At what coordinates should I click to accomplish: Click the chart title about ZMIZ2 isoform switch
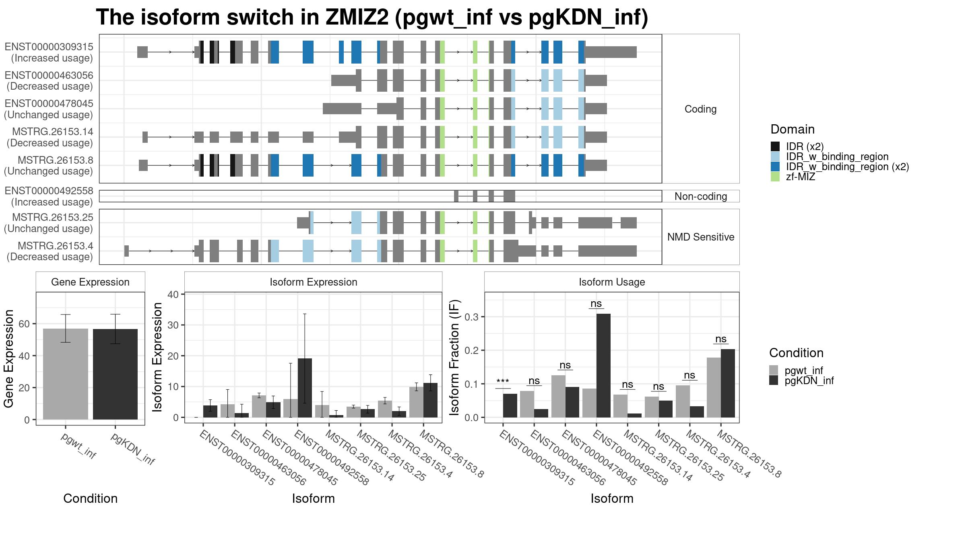point(372,17)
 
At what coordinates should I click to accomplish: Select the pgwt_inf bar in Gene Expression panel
point(66,374)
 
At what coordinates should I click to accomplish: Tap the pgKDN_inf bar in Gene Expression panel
point(115,374)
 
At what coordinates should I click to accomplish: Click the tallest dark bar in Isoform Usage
point(603,366)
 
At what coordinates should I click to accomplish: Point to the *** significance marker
point(503,382)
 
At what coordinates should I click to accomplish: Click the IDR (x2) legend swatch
point(775,146)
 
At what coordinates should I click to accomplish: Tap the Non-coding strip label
point(701,196)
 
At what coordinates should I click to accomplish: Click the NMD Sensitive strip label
point(701,237)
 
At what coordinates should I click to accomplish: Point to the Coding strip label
point(701,109)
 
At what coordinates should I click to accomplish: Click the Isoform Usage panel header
point(612,282)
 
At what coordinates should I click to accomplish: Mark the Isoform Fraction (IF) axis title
point(454,358)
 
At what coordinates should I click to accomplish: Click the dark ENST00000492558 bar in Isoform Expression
point(305,388)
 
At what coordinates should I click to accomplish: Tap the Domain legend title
point(793,129)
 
